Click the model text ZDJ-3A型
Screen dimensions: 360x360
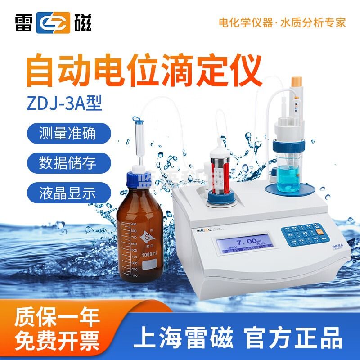65,101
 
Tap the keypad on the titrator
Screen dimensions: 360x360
299,236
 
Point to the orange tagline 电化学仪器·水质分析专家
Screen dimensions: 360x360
282,22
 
